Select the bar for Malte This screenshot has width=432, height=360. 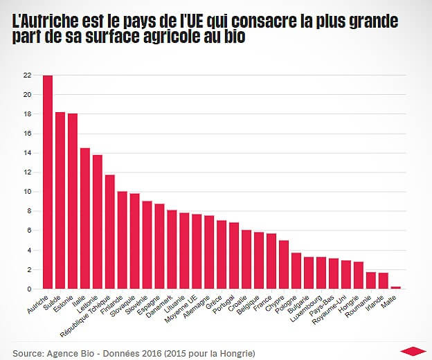tap(396, 287)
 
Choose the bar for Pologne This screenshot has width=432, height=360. tap(296, 271)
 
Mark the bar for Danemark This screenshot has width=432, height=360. tap(172, 249)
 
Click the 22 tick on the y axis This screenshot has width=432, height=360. tap(27, 75)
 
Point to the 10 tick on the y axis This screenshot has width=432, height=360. tap(27, 192)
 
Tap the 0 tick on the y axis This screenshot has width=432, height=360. tap(29, 289)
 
